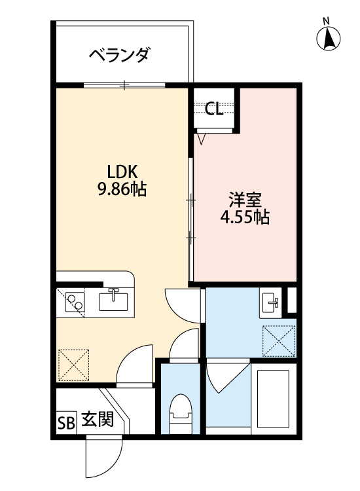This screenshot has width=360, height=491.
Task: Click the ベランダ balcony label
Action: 119,56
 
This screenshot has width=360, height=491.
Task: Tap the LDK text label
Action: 122,172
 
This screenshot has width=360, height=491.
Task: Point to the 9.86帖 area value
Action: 122,189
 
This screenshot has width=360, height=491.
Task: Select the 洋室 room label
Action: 245,200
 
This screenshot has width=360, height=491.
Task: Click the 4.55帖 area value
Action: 245,217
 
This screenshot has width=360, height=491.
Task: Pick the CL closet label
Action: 214,109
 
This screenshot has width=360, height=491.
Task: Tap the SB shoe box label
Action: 66,423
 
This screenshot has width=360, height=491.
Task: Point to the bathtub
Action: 273,399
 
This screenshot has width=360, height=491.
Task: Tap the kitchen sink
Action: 113,300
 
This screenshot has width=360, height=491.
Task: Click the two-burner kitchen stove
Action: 75,302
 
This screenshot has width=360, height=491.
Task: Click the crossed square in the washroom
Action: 279,341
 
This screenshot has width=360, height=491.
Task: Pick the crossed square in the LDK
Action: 74,365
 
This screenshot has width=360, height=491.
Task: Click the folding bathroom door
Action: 228,376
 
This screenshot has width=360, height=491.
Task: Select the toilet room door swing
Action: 184,344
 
